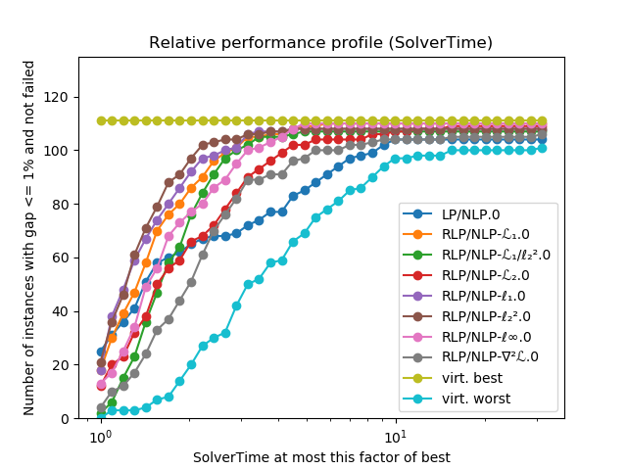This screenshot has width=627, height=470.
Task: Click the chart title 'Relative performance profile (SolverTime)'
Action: pyautogui.click(x=320, y=43)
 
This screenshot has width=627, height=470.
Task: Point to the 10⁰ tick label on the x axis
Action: pyautogui.click(x=100, y=436)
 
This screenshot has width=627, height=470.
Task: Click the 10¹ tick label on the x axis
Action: pyautogui.click(x=395, y=436)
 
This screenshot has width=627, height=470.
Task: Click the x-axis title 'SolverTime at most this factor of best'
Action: pyautogui.click(x=320, y=457)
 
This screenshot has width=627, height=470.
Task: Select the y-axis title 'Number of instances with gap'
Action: pyautogui.click(x=29, y=237)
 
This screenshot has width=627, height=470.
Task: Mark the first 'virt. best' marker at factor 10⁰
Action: pyautogui.click(x=101, y=120)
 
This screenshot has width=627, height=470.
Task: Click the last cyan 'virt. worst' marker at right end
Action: pyautogui.click(x=542, y=148)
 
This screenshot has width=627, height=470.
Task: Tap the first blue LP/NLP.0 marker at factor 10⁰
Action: pyautogui.click(x=101, y=352)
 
